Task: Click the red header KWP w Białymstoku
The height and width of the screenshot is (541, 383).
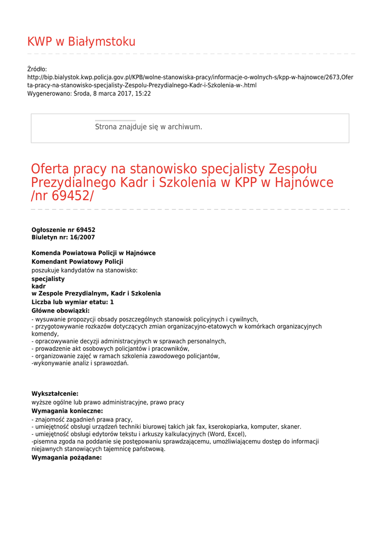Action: point(81,42)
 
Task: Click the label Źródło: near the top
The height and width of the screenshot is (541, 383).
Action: point(37,69)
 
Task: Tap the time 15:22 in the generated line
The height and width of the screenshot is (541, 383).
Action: point(143,94)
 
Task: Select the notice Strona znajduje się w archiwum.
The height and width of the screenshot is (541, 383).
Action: point(148,127)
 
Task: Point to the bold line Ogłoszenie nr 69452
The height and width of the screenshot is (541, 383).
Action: point(63,230)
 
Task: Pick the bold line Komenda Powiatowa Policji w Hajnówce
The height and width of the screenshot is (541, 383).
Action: point(94,253)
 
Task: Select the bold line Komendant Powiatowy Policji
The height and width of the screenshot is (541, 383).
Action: point(77,262)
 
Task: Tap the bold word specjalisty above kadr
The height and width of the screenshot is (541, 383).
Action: point(48,278)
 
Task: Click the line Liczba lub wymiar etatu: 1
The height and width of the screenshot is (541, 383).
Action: point(72,302)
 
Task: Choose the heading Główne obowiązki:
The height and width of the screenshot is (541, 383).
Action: point(60,311)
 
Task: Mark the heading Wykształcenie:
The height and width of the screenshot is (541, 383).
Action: point(55,394)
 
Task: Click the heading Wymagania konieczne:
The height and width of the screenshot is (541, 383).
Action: point(67,411)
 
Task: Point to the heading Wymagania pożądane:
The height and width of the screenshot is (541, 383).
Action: point(67,458)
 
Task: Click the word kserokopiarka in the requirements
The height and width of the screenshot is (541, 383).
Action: point(228,427)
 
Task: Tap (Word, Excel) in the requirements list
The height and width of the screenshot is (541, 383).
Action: point(226,434)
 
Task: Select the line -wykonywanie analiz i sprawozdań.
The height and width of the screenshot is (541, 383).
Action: point(80,363)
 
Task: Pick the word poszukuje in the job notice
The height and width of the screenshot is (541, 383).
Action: point(45,270)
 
